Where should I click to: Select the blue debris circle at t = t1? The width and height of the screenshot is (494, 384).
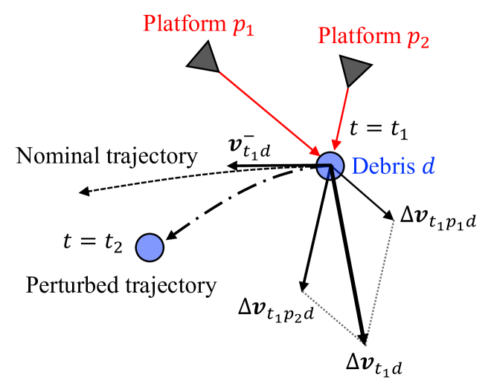(x=329, y=166)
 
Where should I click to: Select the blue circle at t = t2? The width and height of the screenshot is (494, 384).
(x=149, y=247)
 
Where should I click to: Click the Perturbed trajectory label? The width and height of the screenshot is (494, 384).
(x=121, y=284)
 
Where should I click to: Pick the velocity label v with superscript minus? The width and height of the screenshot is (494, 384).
(x=250, y=149)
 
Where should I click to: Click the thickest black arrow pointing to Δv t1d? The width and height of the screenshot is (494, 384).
(x=348, y=260)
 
